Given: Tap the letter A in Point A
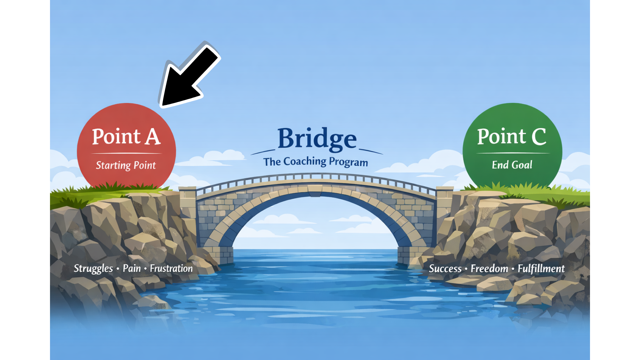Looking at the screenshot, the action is [x=153, y=137].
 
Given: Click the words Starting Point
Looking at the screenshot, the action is [x=126, y=165].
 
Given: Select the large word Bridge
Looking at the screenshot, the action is [x=317, y=139].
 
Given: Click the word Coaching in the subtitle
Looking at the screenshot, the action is [x=305, y=162].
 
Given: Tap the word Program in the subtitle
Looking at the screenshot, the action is [x=348, y=162].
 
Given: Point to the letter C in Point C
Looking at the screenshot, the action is [x=539, y=137].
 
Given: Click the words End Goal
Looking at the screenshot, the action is [x=512, y=165].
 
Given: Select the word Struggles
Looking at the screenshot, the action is [x=93, y=269].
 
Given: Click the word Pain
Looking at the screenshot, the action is [x=132, y=268].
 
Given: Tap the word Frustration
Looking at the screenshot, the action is [x=171, y=268].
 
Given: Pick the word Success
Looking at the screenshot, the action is [x=445, y=269].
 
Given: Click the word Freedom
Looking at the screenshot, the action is [x=489, y=269].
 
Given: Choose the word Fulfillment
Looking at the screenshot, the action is [x=541, y=269].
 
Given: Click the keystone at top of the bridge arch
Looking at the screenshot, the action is [x=315, y=190].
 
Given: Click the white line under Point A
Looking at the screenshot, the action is [x=126, y=153].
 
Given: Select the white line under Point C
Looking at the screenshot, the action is [x=513, y=153].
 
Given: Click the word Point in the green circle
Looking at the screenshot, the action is [x=501, y=137].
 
